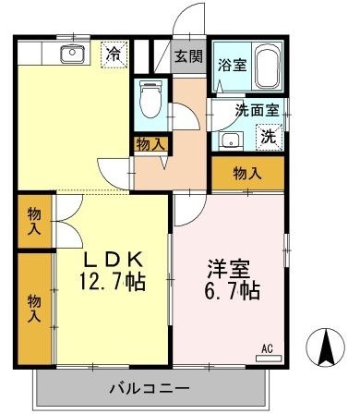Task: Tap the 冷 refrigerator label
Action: click(x=114, y=53)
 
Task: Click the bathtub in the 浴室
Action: click(x=267, y=66)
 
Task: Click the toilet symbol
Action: click(x=150, y=98)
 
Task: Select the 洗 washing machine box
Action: click(x=268, y=137)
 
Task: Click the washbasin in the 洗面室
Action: click(x=230, y=140)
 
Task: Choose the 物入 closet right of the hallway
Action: click(x=246, y=173)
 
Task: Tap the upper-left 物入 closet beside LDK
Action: click(x=33, y=221)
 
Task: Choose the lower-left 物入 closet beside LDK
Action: click(x=33, y=308)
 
